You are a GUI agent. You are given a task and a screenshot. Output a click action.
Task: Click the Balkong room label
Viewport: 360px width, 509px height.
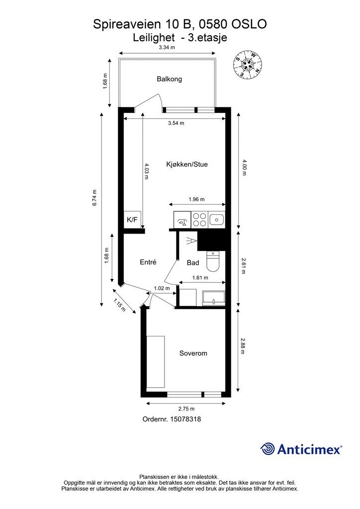pyautogui.click(x=169, y=79)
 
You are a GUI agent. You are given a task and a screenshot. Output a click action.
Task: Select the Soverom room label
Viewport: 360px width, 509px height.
pyautogui.click(x=193, y=353)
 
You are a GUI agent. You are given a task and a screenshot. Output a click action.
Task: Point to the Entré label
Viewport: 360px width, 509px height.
pyautogui.click(x=148, y=262)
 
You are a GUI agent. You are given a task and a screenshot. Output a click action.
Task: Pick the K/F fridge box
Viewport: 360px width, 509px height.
pyautogui.click(x=132, y=220)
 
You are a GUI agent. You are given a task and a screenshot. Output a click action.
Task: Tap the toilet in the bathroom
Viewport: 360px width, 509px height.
pyautogui.click(x=212, y=262)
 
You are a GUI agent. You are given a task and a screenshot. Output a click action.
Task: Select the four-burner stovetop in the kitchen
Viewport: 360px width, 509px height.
pyautogui.click(x=199, y=219)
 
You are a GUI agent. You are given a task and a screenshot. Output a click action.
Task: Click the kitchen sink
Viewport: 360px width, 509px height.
pyautogui.click(x=216, y=219)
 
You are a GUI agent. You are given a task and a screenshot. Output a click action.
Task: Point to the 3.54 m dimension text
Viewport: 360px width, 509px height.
pyautogui.click(x=176, y=123)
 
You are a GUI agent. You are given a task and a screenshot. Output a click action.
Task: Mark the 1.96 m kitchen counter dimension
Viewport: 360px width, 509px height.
pyautogui.click(x=196, y=199)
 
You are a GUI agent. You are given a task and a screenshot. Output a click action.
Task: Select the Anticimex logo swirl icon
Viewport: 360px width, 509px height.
pyautogui.click(x=268, y=449)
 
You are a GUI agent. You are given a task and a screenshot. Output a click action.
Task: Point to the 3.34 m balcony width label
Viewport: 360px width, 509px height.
pyautogui.click(x=167, y=48)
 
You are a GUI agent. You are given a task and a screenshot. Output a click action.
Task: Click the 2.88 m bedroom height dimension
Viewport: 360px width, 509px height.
pyautogui.click(x=243, y=346)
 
